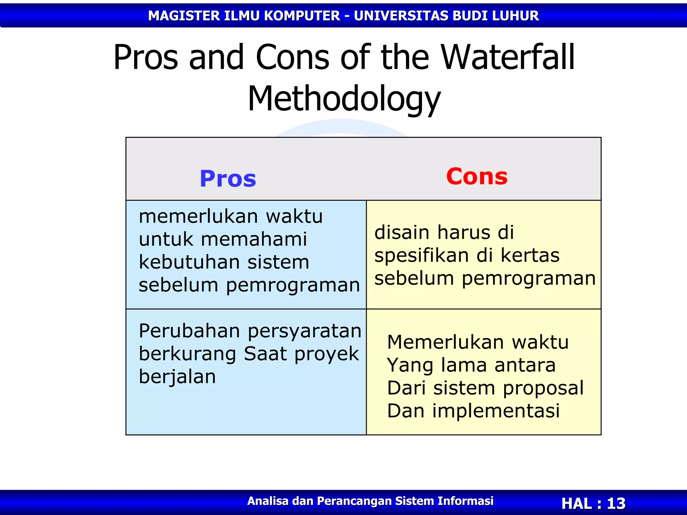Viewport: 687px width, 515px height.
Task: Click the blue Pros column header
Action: pyautogui.click(x=228, y=179)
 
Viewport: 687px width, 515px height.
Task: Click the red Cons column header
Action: pyautogui.click(x=477, y=176)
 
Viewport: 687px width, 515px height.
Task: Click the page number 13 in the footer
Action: pyautogui.click(x=616, y=503)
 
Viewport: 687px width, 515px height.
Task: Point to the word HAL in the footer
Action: pyautogui.click(x=577, y=503)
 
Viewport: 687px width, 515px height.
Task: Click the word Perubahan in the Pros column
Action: pyautogui.click(x=189, y=331)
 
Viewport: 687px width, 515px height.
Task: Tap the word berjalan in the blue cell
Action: pyautogui.click(x=177, y=377)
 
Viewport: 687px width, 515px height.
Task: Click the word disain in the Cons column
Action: pyautogui.click(x=402, y=232)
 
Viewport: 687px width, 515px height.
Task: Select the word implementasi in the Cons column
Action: pyautogui.click(x=496, y=411)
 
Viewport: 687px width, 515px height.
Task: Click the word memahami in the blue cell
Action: pyautogui.click(x=254, y=239)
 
